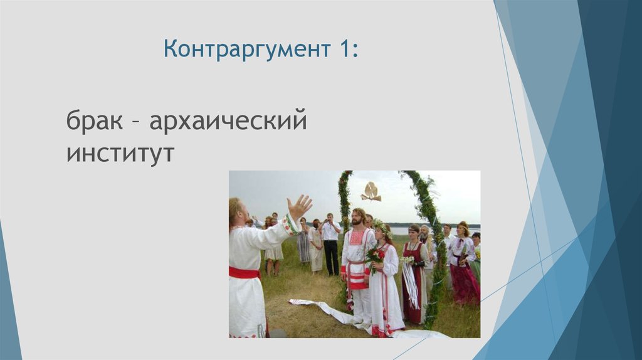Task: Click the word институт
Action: pos(120,152)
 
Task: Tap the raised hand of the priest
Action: pos(299,206)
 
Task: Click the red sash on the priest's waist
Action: pos(244,272)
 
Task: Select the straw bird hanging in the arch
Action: pos(371,192)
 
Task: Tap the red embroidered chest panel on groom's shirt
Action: pos(357,238)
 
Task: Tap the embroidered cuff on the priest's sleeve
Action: pos(290,225)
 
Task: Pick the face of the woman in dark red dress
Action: pos(414,232)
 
